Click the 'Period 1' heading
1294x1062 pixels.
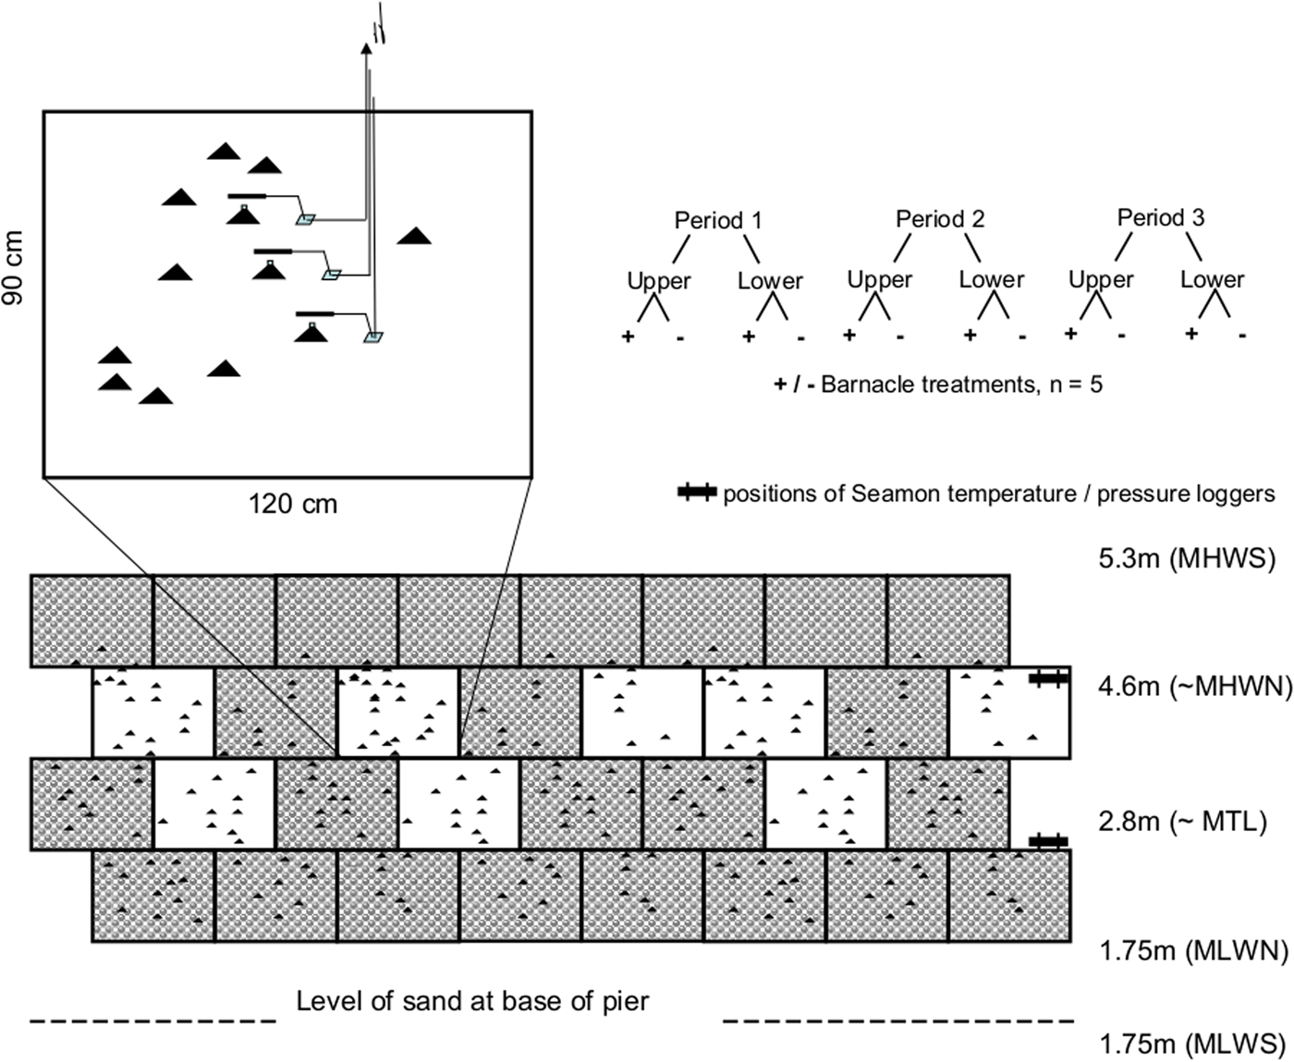tap(718, 220)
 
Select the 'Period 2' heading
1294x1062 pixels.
tap(939, 218)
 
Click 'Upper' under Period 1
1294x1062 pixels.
tap(658, 280)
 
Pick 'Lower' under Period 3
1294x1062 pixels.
tap(1212, 278)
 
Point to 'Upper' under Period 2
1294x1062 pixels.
tap(879, 278)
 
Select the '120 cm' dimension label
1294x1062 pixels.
tap(293, 504)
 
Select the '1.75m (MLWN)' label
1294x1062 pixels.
tap(1193, 951)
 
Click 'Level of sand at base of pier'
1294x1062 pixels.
tap(472, 1001)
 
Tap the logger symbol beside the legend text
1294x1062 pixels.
tap(696, 494)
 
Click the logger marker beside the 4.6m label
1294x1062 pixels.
tap(1048, 678)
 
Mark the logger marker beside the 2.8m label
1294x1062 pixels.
tap(1048, 840)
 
